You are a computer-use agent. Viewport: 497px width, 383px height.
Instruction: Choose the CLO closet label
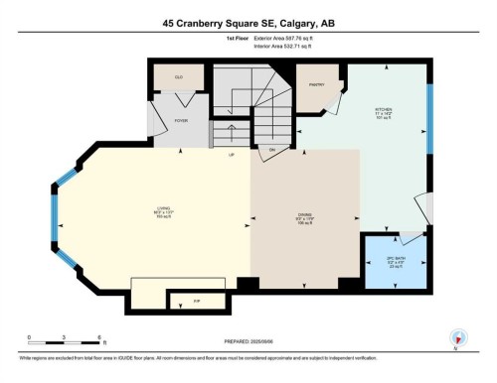[179, 76]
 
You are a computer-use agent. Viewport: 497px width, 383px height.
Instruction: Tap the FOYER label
[181, 120]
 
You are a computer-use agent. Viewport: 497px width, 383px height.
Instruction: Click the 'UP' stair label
[232, 155]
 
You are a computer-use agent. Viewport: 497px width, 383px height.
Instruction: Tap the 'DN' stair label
[270, 150]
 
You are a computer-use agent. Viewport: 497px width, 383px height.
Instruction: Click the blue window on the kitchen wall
[429, 119]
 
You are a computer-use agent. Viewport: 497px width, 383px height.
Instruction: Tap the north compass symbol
[458, 338]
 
